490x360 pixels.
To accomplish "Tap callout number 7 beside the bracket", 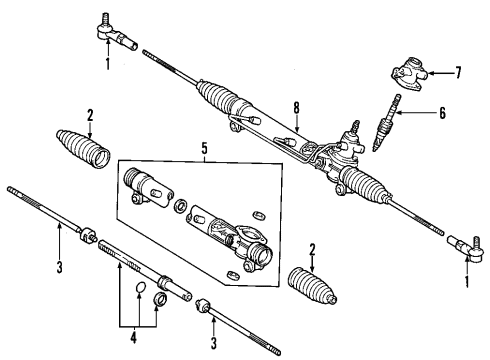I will (458, 73).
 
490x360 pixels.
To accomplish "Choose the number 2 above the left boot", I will (89, 113).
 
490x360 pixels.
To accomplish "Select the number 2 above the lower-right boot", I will (312, 250).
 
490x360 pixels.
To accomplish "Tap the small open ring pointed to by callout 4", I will (141, 292).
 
